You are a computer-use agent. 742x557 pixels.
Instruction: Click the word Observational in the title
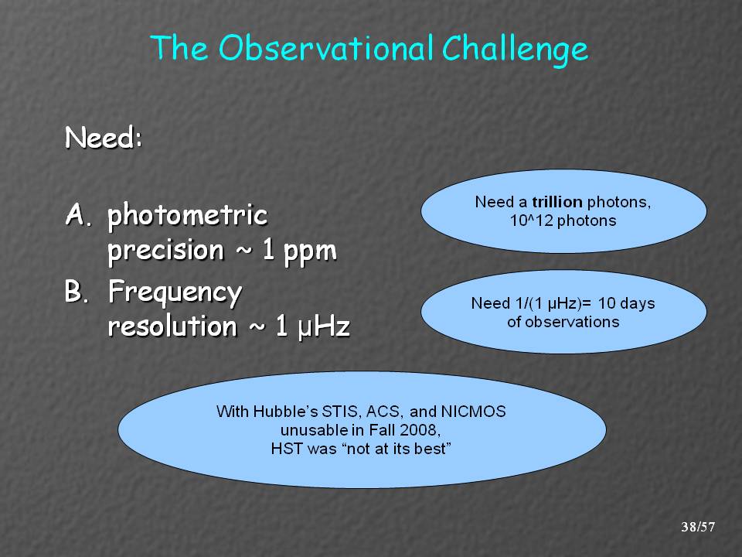tap(325, 47)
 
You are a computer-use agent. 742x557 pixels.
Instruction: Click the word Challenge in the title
tap(515, 50)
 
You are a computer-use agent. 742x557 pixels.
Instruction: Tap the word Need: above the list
tap(104, 138)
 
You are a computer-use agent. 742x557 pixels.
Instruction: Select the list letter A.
tap(78, 214)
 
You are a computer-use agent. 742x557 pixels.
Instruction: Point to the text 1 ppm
tap(300, 251)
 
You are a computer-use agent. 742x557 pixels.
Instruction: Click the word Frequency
tap(175, 293)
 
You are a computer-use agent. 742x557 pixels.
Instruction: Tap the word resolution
tap(172, 326)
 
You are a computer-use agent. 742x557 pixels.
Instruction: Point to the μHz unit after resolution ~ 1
tap(324, 326)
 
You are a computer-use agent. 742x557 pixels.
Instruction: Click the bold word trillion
tap(557, 202)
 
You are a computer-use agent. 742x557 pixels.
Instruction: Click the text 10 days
tap(626, 303)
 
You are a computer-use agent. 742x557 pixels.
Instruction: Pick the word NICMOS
tap(473, 412)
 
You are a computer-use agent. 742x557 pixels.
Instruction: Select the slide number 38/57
tap(698, 527)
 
